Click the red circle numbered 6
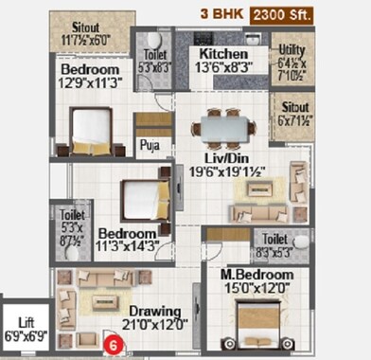(115, 346)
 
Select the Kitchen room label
(224, 54)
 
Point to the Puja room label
(148, 145)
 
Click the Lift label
(26, 323)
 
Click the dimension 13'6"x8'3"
(224, 67)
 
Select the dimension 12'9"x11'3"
(90, 82)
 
